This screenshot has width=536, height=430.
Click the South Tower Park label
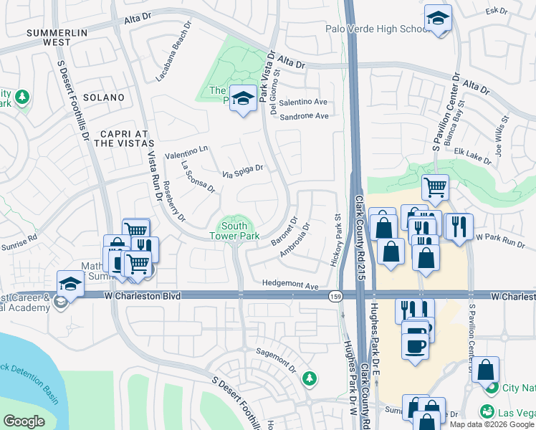tap(234, 229)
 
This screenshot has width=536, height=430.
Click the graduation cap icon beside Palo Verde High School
tap(438, 19)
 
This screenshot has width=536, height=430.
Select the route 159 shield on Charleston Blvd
tap(335, 295)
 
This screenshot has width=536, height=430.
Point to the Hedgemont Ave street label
tap(289, 285)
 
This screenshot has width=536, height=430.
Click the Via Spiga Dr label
tap(242, 171)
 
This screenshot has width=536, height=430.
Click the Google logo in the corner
tap(24, 421)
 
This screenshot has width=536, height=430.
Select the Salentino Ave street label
tap(303, 102)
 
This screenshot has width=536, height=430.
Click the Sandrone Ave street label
tap(304, 116)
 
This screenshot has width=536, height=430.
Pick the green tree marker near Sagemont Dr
tap(309, 378)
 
